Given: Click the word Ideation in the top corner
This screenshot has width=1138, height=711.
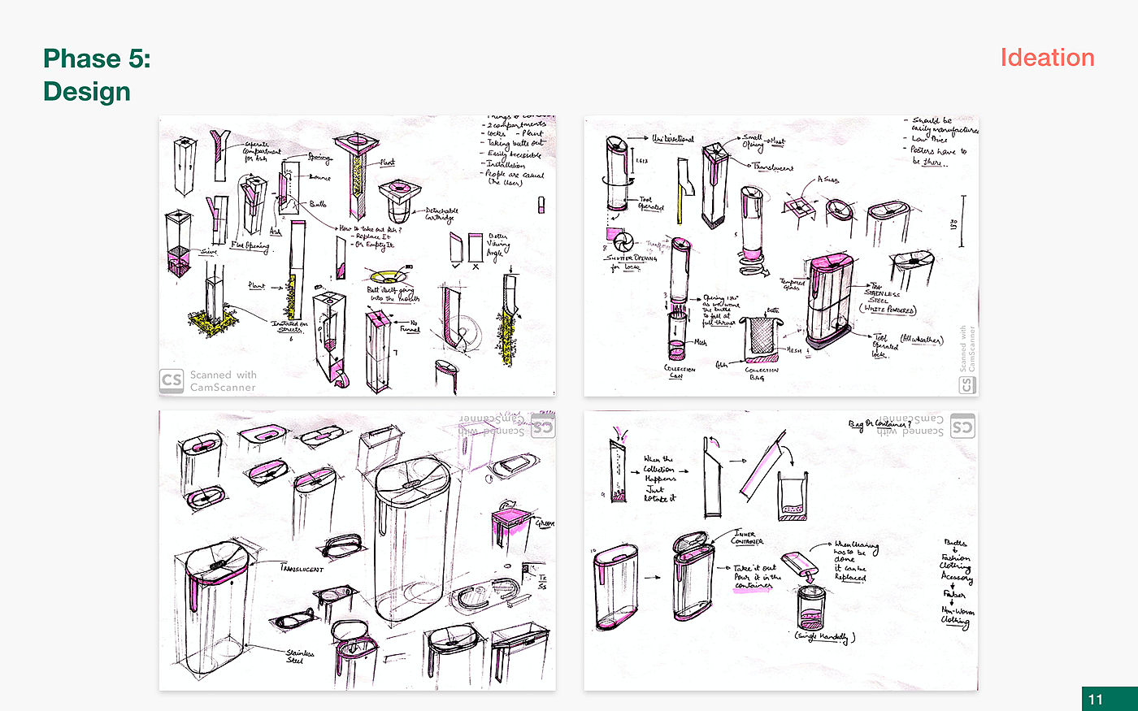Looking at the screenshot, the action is (x=1047, y=58).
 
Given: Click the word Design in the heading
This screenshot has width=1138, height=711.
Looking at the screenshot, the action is (x=87, y=91).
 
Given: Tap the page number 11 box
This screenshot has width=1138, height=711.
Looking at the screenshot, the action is (x=1096, y=699).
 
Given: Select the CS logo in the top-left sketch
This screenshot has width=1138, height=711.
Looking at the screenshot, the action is (x=172, y=380).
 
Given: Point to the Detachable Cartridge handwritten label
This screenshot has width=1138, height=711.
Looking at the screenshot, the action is (x=441, y=214).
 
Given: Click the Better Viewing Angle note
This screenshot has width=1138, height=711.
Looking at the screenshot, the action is (x=497, y=245).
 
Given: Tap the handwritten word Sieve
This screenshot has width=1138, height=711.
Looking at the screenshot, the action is (x=209, y=252).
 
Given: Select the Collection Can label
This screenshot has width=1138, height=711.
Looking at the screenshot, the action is (x=679, y=372).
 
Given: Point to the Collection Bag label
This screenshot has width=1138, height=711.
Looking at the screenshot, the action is (x=762, y=373).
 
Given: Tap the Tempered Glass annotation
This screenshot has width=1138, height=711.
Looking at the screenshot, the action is (x=793, y=284).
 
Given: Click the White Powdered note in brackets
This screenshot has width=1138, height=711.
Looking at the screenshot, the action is (x=888, y=310).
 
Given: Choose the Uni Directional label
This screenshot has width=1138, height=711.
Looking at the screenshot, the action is (x=673, y=139).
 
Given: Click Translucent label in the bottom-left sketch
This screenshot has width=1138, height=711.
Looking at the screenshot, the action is (x=302, y=568).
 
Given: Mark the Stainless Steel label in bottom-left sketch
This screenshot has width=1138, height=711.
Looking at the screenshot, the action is (x=299, y=656).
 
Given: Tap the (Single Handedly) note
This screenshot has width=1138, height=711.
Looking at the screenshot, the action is (x=824, y=637).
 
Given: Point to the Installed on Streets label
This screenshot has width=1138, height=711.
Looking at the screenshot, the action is (x=289, y=327).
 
